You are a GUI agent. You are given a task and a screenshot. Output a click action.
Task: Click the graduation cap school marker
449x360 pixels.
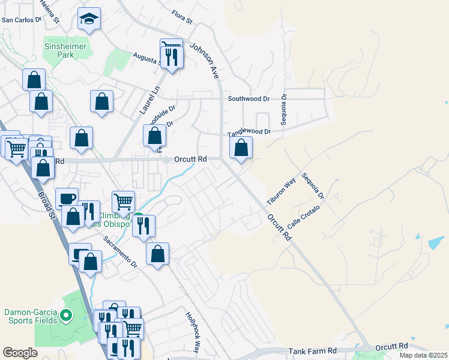click(89, 19)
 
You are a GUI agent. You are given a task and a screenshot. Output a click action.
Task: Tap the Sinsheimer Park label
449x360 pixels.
click(65, 50)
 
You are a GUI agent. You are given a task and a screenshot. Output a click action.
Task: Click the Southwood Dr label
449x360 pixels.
click(249, 98)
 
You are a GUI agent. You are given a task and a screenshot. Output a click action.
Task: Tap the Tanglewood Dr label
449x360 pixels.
click(249, 132)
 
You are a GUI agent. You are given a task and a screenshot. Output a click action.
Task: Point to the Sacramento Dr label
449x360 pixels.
click(121, 251)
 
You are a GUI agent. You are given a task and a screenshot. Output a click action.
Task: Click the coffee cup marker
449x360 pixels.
click(67, 199)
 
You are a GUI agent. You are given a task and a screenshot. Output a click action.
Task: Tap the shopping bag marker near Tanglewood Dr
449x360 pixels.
click(241, 148)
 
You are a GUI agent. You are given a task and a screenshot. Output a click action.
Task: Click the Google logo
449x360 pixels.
click(20, 353)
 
